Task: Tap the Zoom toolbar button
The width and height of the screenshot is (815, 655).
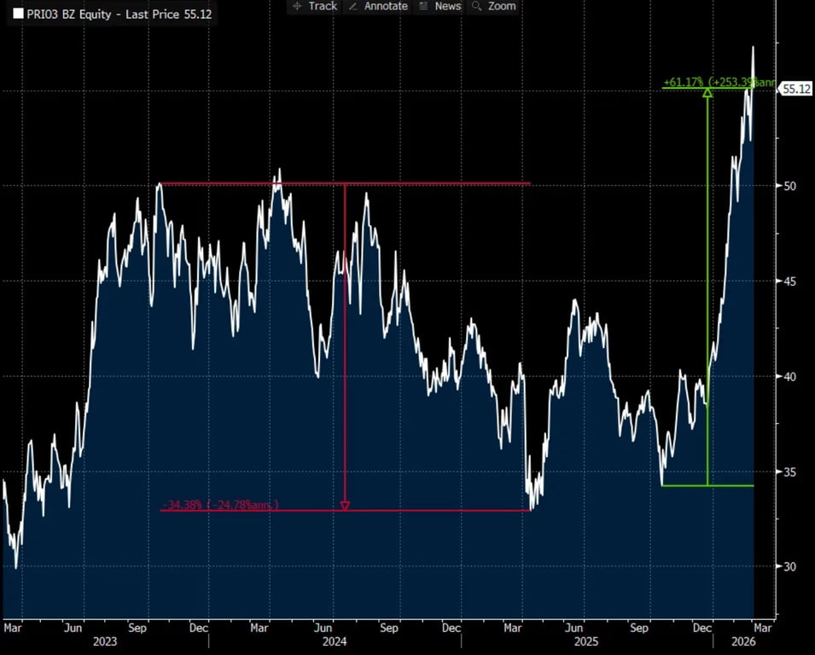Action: [495, 6]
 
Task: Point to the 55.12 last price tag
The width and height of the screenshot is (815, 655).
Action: [795, 89]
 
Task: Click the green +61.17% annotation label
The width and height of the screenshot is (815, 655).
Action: [719, 82]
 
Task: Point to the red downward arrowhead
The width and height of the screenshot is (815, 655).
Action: [345, 506]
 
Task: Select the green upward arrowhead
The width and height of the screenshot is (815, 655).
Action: [707, 92]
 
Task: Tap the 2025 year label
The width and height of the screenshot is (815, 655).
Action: [586, 640]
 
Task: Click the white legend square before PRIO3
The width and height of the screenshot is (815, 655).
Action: [18, 14]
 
